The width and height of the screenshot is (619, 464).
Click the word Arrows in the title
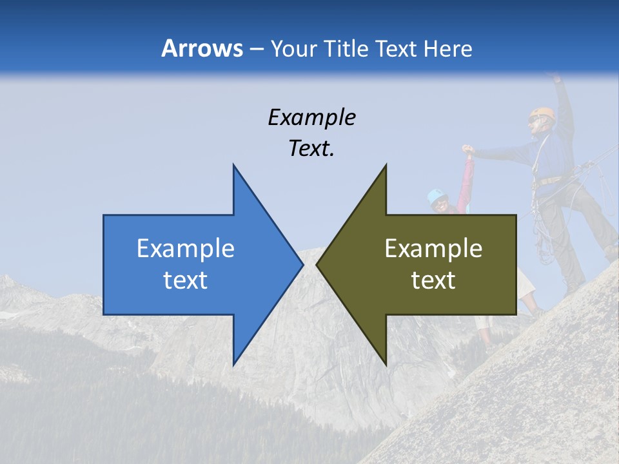coord(202,48)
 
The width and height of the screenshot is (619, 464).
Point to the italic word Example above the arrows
coord(311,117)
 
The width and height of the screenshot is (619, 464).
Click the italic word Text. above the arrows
coord(311,148)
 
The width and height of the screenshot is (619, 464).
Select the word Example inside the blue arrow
coord(186,249)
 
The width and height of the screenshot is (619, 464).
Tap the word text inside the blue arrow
coord(186,280)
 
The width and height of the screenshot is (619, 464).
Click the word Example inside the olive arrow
coord(433,249)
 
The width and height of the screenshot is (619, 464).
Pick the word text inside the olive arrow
coord(433,280)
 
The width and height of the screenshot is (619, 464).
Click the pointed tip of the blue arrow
coord(302,264)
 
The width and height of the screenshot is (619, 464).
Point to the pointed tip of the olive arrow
coord(317,264)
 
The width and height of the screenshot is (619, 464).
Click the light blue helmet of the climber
coord(437,194)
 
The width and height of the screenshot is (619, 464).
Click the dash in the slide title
coord(256,49)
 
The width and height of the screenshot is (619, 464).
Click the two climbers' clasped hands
coord(467,151)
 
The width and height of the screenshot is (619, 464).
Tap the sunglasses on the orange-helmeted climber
coord(534,120)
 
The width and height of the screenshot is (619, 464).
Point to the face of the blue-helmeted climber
coord(441,205)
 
